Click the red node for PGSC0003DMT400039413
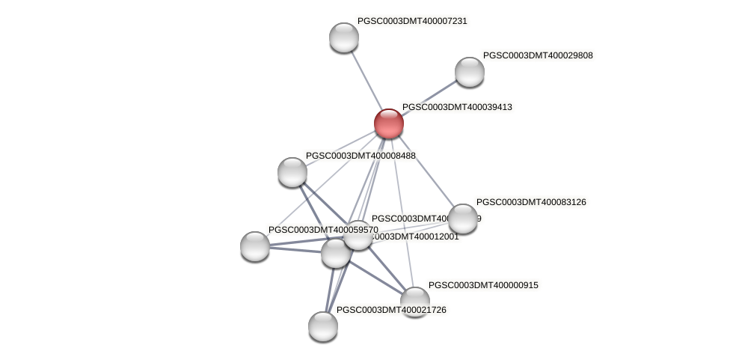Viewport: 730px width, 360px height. [389, 123]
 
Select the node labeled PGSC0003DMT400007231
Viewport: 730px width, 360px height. [344, 37]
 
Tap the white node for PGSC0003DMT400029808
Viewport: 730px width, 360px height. [470, 72]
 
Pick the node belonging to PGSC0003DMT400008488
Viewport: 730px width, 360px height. [292, 172]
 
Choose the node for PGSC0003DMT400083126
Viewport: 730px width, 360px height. [463, 219]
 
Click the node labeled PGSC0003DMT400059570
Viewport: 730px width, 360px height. [255, 246]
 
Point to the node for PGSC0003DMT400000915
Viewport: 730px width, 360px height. [414, 301]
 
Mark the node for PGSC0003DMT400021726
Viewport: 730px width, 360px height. [323, 326]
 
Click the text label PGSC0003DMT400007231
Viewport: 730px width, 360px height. [412, 21]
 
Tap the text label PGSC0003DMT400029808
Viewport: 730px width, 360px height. [538, 55]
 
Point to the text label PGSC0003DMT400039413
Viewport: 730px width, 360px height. [457, 107]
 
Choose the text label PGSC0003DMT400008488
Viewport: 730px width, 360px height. [361, 156]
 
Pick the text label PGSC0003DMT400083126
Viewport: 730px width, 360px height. [531, 202]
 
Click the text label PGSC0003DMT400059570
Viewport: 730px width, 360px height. [323, 230]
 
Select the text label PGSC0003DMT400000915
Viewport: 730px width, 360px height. [483, 285]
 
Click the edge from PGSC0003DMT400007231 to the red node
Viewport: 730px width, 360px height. [366, 80]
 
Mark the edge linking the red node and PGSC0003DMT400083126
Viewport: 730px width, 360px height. [426, 171]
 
